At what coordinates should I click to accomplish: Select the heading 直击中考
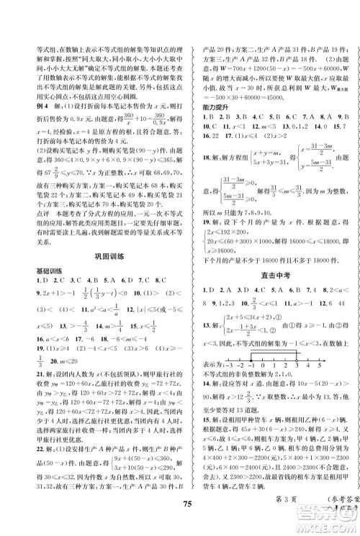click(x=269, y=274)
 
